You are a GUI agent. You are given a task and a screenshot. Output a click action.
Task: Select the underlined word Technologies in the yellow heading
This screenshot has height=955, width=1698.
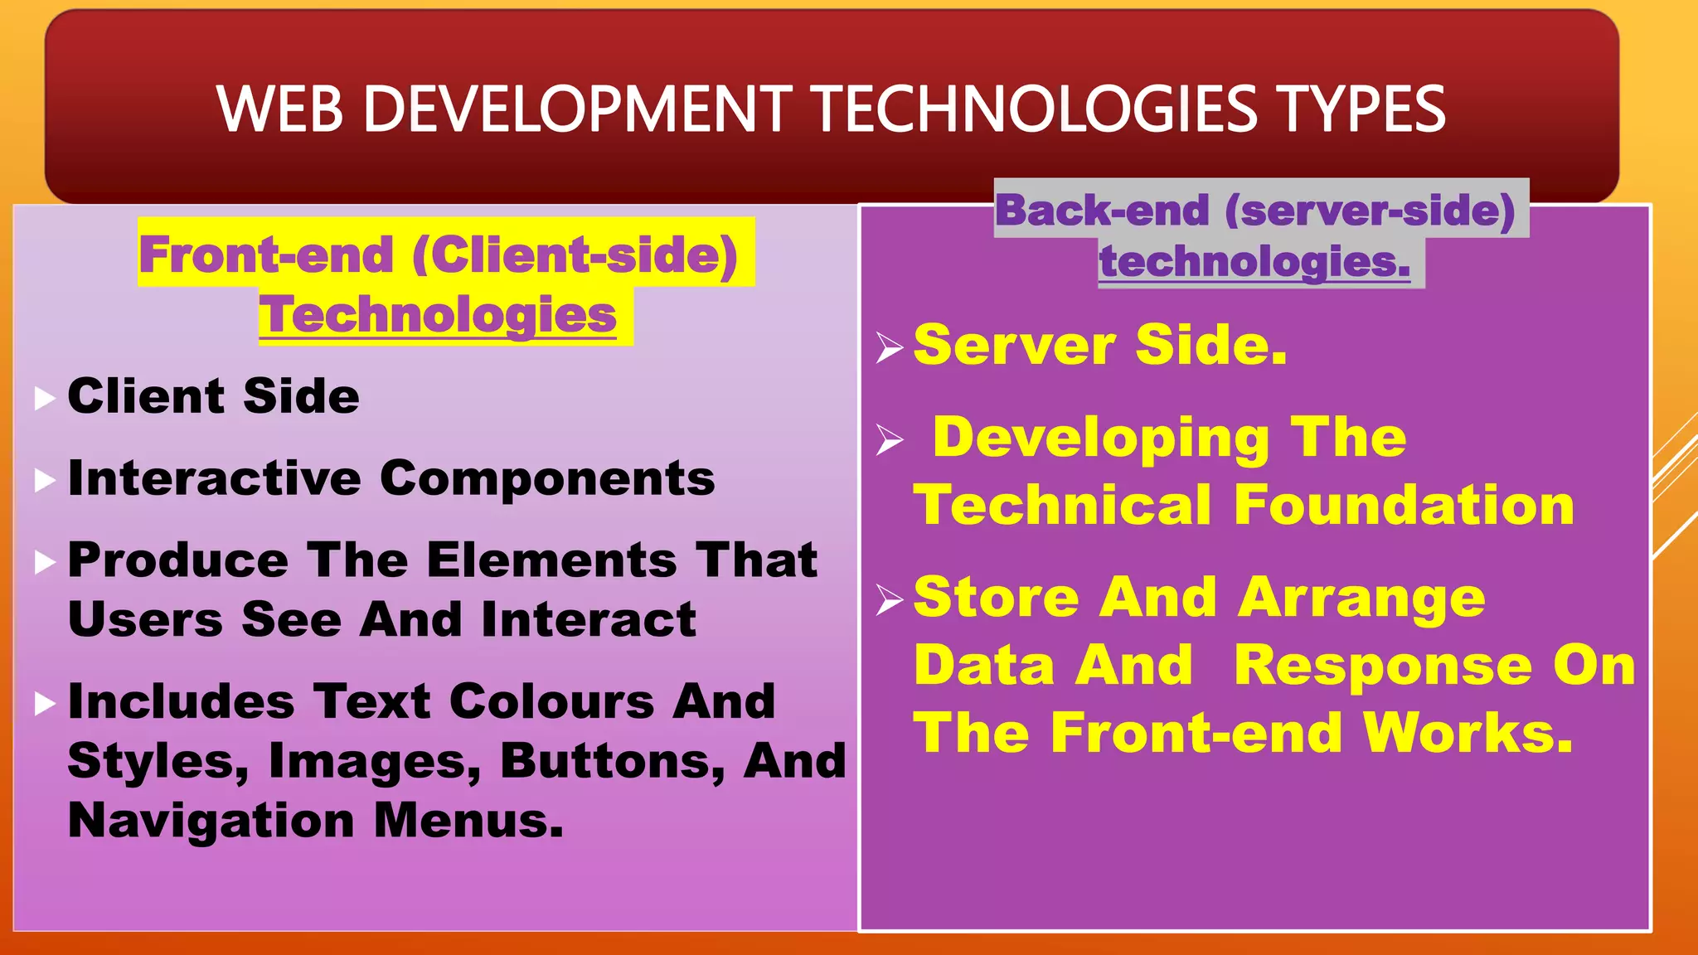click(x=438, y=316)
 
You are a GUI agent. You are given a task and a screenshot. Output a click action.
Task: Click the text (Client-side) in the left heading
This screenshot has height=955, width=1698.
click(x=575, y=255)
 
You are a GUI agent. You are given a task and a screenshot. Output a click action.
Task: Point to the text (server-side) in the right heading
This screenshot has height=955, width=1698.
click(x=1370, y=210)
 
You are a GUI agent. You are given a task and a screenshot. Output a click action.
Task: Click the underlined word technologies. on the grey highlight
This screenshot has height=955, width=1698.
click(x=1254, y=262)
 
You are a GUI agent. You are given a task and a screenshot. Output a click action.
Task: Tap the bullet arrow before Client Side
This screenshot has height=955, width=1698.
click(x=45, y=399)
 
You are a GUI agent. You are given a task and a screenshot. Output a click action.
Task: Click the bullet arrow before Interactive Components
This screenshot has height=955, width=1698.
click(x=45, y=481)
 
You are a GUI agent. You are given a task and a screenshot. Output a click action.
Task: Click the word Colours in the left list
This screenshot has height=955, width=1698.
click(x=552, y=701)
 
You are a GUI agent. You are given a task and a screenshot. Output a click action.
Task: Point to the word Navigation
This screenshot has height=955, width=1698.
click(x=211, y=821)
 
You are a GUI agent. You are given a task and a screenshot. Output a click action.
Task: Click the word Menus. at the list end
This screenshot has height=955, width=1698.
click(x=468, y=821)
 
